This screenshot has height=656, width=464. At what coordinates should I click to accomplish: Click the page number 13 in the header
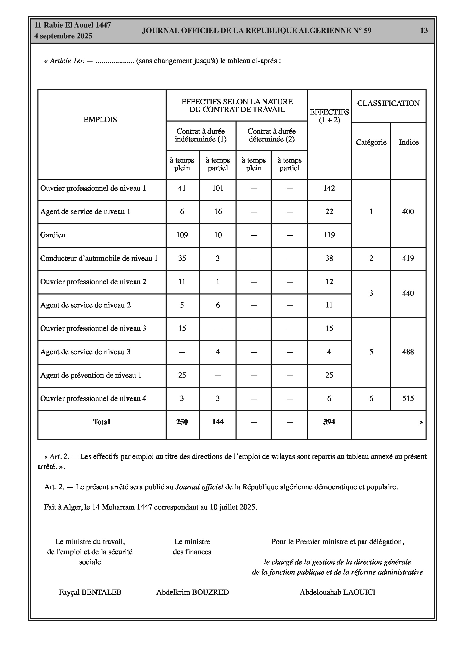[x=424, y=31]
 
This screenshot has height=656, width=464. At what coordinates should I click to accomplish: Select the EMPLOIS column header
[x=100, y=120]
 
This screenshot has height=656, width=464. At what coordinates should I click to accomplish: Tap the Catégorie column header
[x=371, y=142]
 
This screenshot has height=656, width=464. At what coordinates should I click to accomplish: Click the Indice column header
[x=409, y=142]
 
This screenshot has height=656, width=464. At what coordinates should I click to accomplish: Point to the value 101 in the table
[x=218, y=188]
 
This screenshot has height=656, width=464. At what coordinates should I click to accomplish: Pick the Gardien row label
[x=53, y=235]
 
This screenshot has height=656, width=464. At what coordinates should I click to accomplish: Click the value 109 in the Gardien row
[x=182, y=235]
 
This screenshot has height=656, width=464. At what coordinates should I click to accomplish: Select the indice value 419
[x=408, y=259]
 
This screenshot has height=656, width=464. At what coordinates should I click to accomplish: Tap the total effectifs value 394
[x=329, y=422]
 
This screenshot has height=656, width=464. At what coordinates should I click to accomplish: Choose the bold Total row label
[x=101, y=422]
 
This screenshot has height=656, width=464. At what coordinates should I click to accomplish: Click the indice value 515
[x=408, y=399]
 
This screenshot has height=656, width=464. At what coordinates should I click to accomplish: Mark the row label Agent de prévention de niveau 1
[x=91, y=376]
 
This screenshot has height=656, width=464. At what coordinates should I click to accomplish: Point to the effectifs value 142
[x=329, y=188]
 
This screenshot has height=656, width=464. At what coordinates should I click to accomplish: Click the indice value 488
[x=408, y=352]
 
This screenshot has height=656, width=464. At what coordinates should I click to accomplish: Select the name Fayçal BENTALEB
[x=90, y=592]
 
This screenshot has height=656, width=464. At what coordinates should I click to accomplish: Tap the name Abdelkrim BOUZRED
[x=193, y=592]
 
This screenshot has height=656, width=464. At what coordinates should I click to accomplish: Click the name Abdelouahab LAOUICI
[x=337, y=592]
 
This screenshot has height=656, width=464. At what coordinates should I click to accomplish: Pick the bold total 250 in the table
[x=182, y=422]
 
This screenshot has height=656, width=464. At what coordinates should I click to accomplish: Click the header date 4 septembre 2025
[x=63, y=36]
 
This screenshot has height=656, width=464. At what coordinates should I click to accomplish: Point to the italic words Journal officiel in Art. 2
[x=199, y=487]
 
